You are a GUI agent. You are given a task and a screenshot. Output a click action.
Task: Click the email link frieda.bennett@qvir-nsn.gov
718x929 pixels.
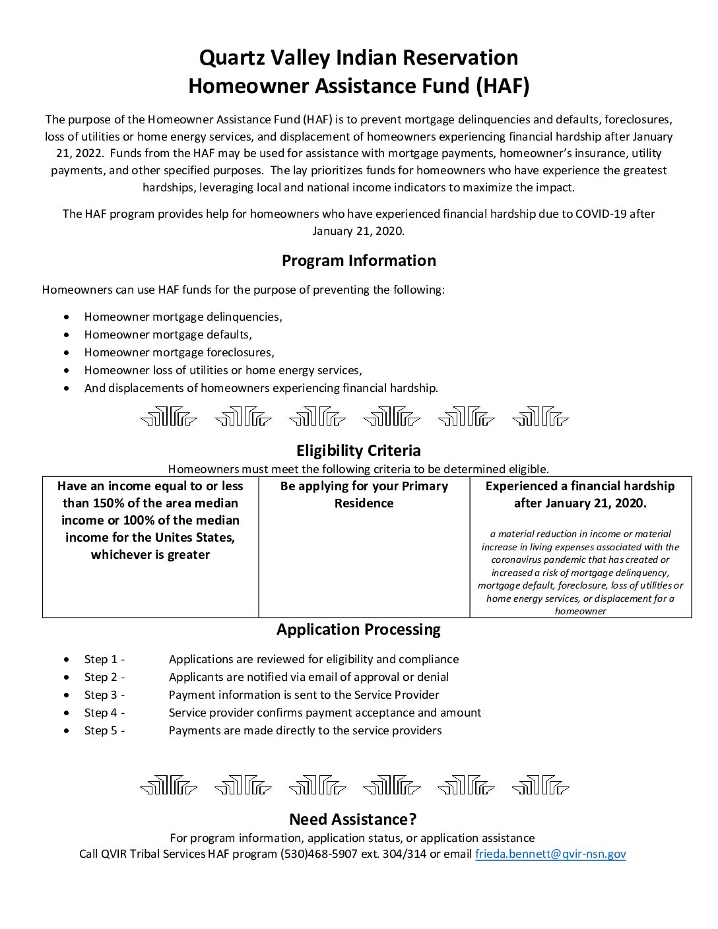[550, 854]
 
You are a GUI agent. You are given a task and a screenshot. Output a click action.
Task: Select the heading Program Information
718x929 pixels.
[358, 261]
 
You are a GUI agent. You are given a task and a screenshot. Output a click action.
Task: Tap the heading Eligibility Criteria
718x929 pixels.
[358, 451]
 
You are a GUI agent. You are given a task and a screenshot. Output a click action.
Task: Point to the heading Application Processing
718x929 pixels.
[358, 629]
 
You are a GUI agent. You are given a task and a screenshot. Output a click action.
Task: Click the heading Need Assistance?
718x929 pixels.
[353, 819]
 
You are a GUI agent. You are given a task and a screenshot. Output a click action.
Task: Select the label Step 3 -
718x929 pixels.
[104, 695]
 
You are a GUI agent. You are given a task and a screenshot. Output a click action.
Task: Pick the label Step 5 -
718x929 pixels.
[104, 730]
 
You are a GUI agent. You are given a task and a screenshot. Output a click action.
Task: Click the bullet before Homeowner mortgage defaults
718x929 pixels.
[67, 335]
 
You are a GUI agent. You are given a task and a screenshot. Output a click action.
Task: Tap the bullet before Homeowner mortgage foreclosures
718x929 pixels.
[67, 353]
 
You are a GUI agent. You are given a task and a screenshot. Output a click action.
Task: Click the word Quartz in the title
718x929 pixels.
[231, 58]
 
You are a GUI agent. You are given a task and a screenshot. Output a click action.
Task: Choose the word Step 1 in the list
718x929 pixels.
[100, 659]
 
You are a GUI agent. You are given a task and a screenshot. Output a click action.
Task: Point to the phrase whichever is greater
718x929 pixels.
[150, 555]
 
